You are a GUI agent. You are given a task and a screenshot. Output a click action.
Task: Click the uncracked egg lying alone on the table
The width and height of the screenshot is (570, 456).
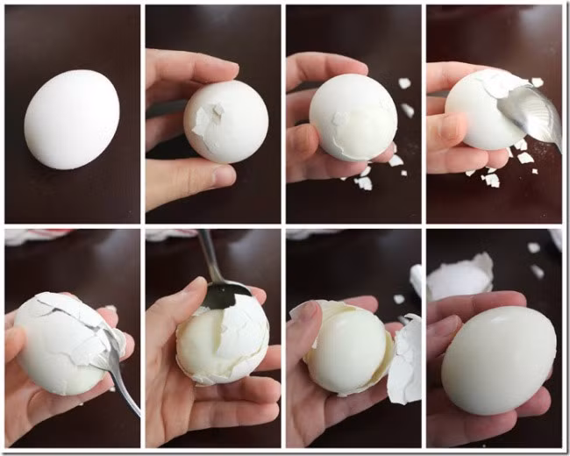click(71, 119)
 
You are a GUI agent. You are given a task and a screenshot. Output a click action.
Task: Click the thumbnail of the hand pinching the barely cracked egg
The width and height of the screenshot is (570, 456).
click(214, 114)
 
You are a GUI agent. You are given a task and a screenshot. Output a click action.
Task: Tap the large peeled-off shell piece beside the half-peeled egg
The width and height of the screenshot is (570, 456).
click(405, 360)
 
